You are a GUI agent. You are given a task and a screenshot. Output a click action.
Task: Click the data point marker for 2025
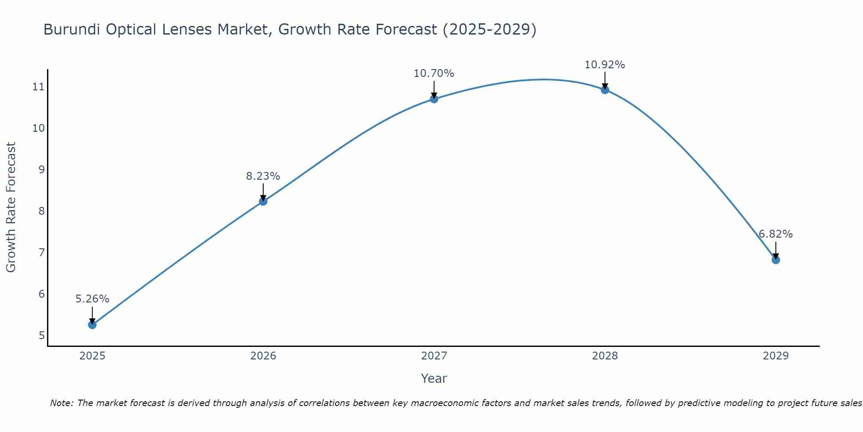92,324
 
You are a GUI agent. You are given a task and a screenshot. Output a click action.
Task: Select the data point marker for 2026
263,201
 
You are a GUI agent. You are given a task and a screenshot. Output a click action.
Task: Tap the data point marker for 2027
434,99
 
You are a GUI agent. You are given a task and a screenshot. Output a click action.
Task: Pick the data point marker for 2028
605,90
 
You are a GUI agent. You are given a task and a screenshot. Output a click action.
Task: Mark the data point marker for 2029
776,260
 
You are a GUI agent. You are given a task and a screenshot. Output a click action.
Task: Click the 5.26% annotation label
92,299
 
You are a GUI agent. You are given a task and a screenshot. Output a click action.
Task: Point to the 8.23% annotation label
263,176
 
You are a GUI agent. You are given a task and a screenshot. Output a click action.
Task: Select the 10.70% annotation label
434,73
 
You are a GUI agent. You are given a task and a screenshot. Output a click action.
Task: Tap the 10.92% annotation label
605,65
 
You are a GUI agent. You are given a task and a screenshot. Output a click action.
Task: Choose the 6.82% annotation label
776,234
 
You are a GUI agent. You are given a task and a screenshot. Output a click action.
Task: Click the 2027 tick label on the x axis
434,356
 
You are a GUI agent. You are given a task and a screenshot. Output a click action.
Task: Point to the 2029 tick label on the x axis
776,356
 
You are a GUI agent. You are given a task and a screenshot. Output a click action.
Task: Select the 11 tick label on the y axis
38,87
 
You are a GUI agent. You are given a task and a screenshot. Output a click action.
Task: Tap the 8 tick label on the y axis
41,211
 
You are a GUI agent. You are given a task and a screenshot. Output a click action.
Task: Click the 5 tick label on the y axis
41,335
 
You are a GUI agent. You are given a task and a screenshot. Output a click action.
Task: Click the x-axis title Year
434,378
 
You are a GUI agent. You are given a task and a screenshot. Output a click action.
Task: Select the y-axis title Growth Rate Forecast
11,207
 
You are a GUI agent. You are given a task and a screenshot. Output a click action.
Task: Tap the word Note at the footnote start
62,403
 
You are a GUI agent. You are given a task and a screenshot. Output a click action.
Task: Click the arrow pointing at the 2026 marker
263,191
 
